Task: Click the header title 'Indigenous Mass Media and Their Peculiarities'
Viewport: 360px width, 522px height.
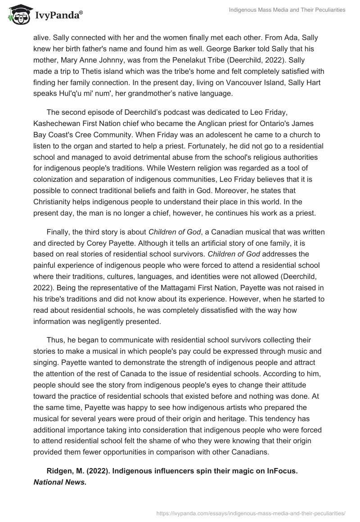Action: click(x=287, y=10)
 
